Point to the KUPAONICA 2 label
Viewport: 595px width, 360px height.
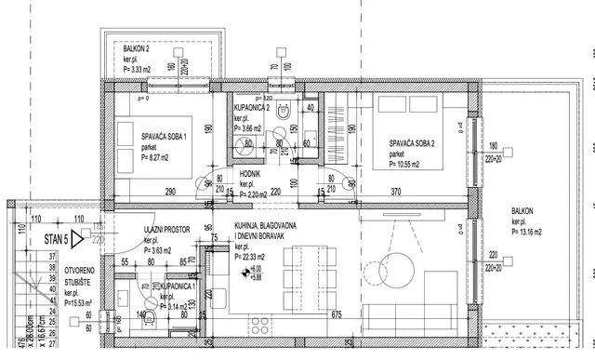[x=252, y=109]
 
